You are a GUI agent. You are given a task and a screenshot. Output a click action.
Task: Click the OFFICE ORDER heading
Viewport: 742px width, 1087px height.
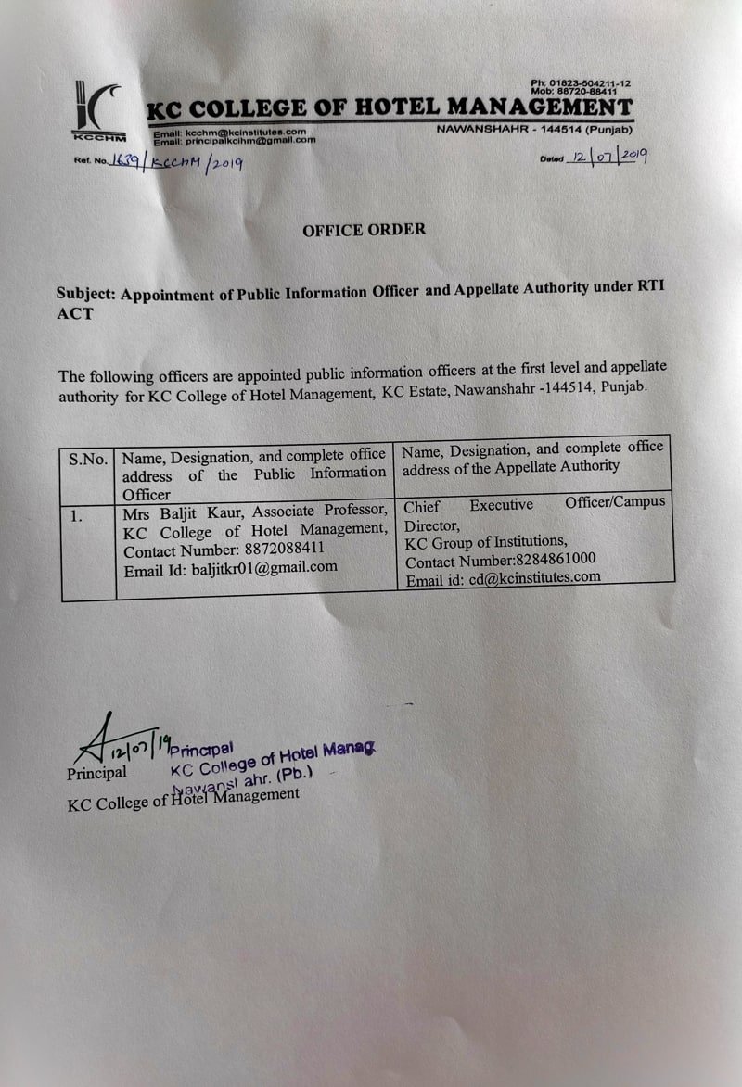tap(364, 229)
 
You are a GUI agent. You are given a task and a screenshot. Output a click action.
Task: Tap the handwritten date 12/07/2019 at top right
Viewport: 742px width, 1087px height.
tap(610, 158)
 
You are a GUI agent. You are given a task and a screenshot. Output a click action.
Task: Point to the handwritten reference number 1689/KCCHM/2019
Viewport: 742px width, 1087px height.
tap(175, 164)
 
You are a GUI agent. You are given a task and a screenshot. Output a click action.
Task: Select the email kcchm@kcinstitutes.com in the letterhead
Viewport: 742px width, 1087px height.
tap(245, 133)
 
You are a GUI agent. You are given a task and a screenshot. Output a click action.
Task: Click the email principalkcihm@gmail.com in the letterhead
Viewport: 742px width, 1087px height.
tap(249, 141)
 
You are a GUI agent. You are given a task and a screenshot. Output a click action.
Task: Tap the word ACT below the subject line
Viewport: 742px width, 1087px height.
tap(75, 313)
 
